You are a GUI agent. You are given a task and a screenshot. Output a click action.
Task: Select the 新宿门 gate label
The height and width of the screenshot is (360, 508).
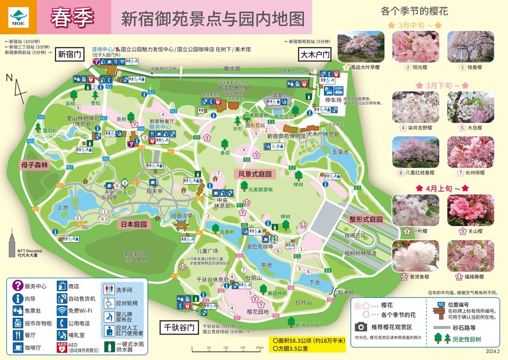pos(69,54)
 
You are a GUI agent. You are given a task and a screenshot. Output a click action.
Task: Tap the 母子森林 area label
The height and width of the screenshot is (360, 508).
pos(34,165)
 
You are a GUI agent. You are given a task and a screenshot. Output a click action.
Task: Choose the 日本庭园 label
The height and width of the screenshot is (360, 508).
pos(134,224)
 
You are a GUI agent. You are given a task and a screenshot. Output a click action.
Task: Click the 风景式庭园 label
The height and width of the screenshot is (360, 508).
pos(256,174)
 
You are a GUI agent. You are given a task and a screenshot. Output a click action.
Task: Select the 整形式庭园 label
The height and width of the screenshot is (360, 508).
pos(365,220)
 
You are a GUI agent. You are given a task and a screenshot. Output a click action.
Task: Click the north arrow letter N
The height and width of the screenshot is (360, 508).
pos(9,78)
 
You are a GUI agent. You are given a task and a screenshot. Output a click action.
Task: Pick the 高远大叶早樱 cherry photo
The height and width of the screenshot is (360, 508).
pos(361,47)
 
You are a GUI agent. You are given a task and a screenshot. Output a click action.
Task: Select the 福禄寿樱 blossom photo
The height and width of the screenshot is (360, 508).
pos(463,256)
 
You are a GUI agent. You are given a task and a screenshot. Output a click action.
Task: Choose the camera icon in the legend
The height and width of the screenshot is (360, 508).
pos(362,326)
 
